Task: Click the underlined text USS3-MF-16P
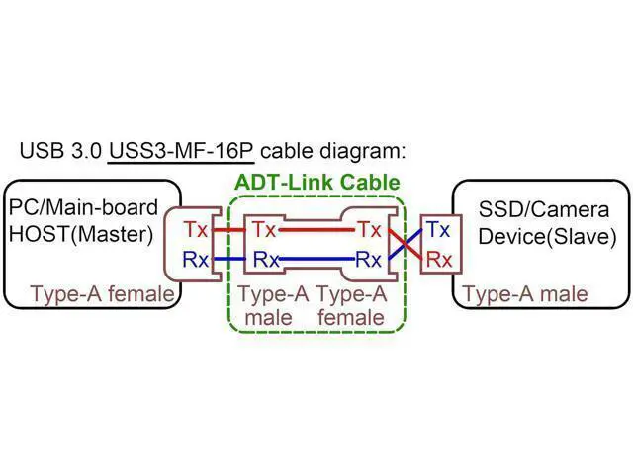181,151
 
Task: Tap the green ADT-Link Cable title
317,182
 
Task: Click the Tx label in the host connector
196,230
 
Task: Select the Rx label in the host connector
196,259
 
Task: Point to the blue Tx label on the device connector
438,230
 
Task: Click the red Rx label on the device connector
439,259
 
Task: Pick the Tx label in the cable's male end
264,230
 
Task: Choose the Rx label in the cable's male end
266,259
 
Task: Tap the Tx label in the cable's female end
370,230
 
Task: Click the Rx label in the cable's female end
368,259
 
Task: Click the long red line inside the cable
316,230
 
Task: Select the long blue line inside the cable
316,259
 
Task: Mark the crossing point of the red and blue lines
405,244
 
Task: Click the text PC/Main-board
83,207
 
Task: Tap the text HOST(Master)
81,234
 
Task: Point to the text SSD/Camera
544,209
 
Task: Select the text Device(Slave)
547,236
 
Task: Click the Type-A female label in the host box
103,293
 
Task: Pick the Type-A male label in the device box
525,294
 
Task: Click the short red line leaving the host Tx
228,230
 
